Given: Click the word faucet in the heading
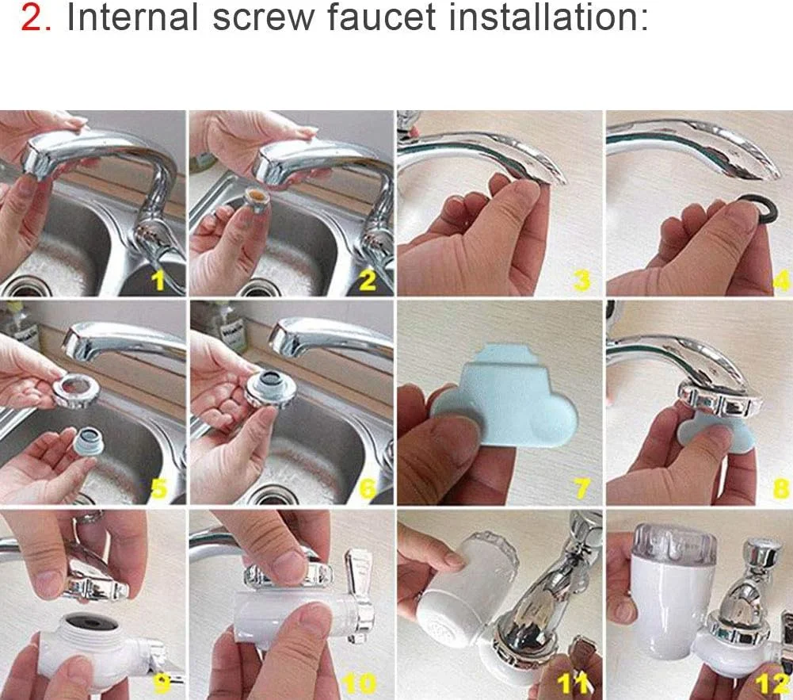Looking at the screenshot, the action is coord(381,17).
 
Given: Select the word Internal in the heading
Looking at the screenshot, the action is coord(132,17).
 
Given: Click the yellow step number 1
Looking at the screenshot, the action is coord(159,279).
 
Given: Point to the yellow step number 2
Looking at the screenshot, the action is coord(368,281).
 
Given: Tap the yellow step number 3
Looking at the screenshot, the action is coord(582,281).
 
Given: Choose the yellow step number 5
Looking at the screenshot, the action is coord(158,488).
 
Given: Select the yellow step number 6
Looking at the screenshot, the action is coord(368,489).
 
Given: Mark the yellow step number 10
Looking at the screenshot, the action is coord(360,683).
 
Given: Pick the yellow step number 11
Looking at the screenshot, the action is coord(574,683).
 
